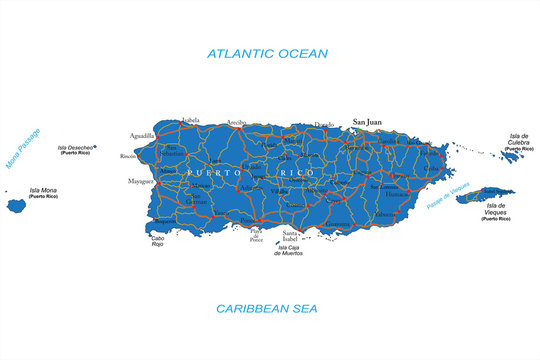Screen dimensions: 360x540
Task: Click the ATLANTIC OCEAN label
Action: click(x=267, y=53)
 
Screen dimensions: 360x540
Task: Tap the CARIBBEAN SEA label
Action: click(x=267, y=307)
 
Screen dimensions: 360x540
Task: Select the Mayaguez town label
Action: click(x=140, y=182)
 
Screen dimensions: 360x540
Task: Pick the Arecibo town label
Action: click(x=237, y=123)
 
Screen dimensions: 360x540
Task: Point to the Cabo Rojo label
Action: click(x=157, y=242)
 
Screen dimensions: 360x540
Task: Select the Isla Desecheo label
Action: click(x=75, y=148)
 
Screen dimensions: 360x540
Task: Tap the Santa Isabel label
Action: click(x=290, y=235)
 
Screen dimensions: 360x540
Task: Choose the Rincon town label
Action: click(x=127, y=157)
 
